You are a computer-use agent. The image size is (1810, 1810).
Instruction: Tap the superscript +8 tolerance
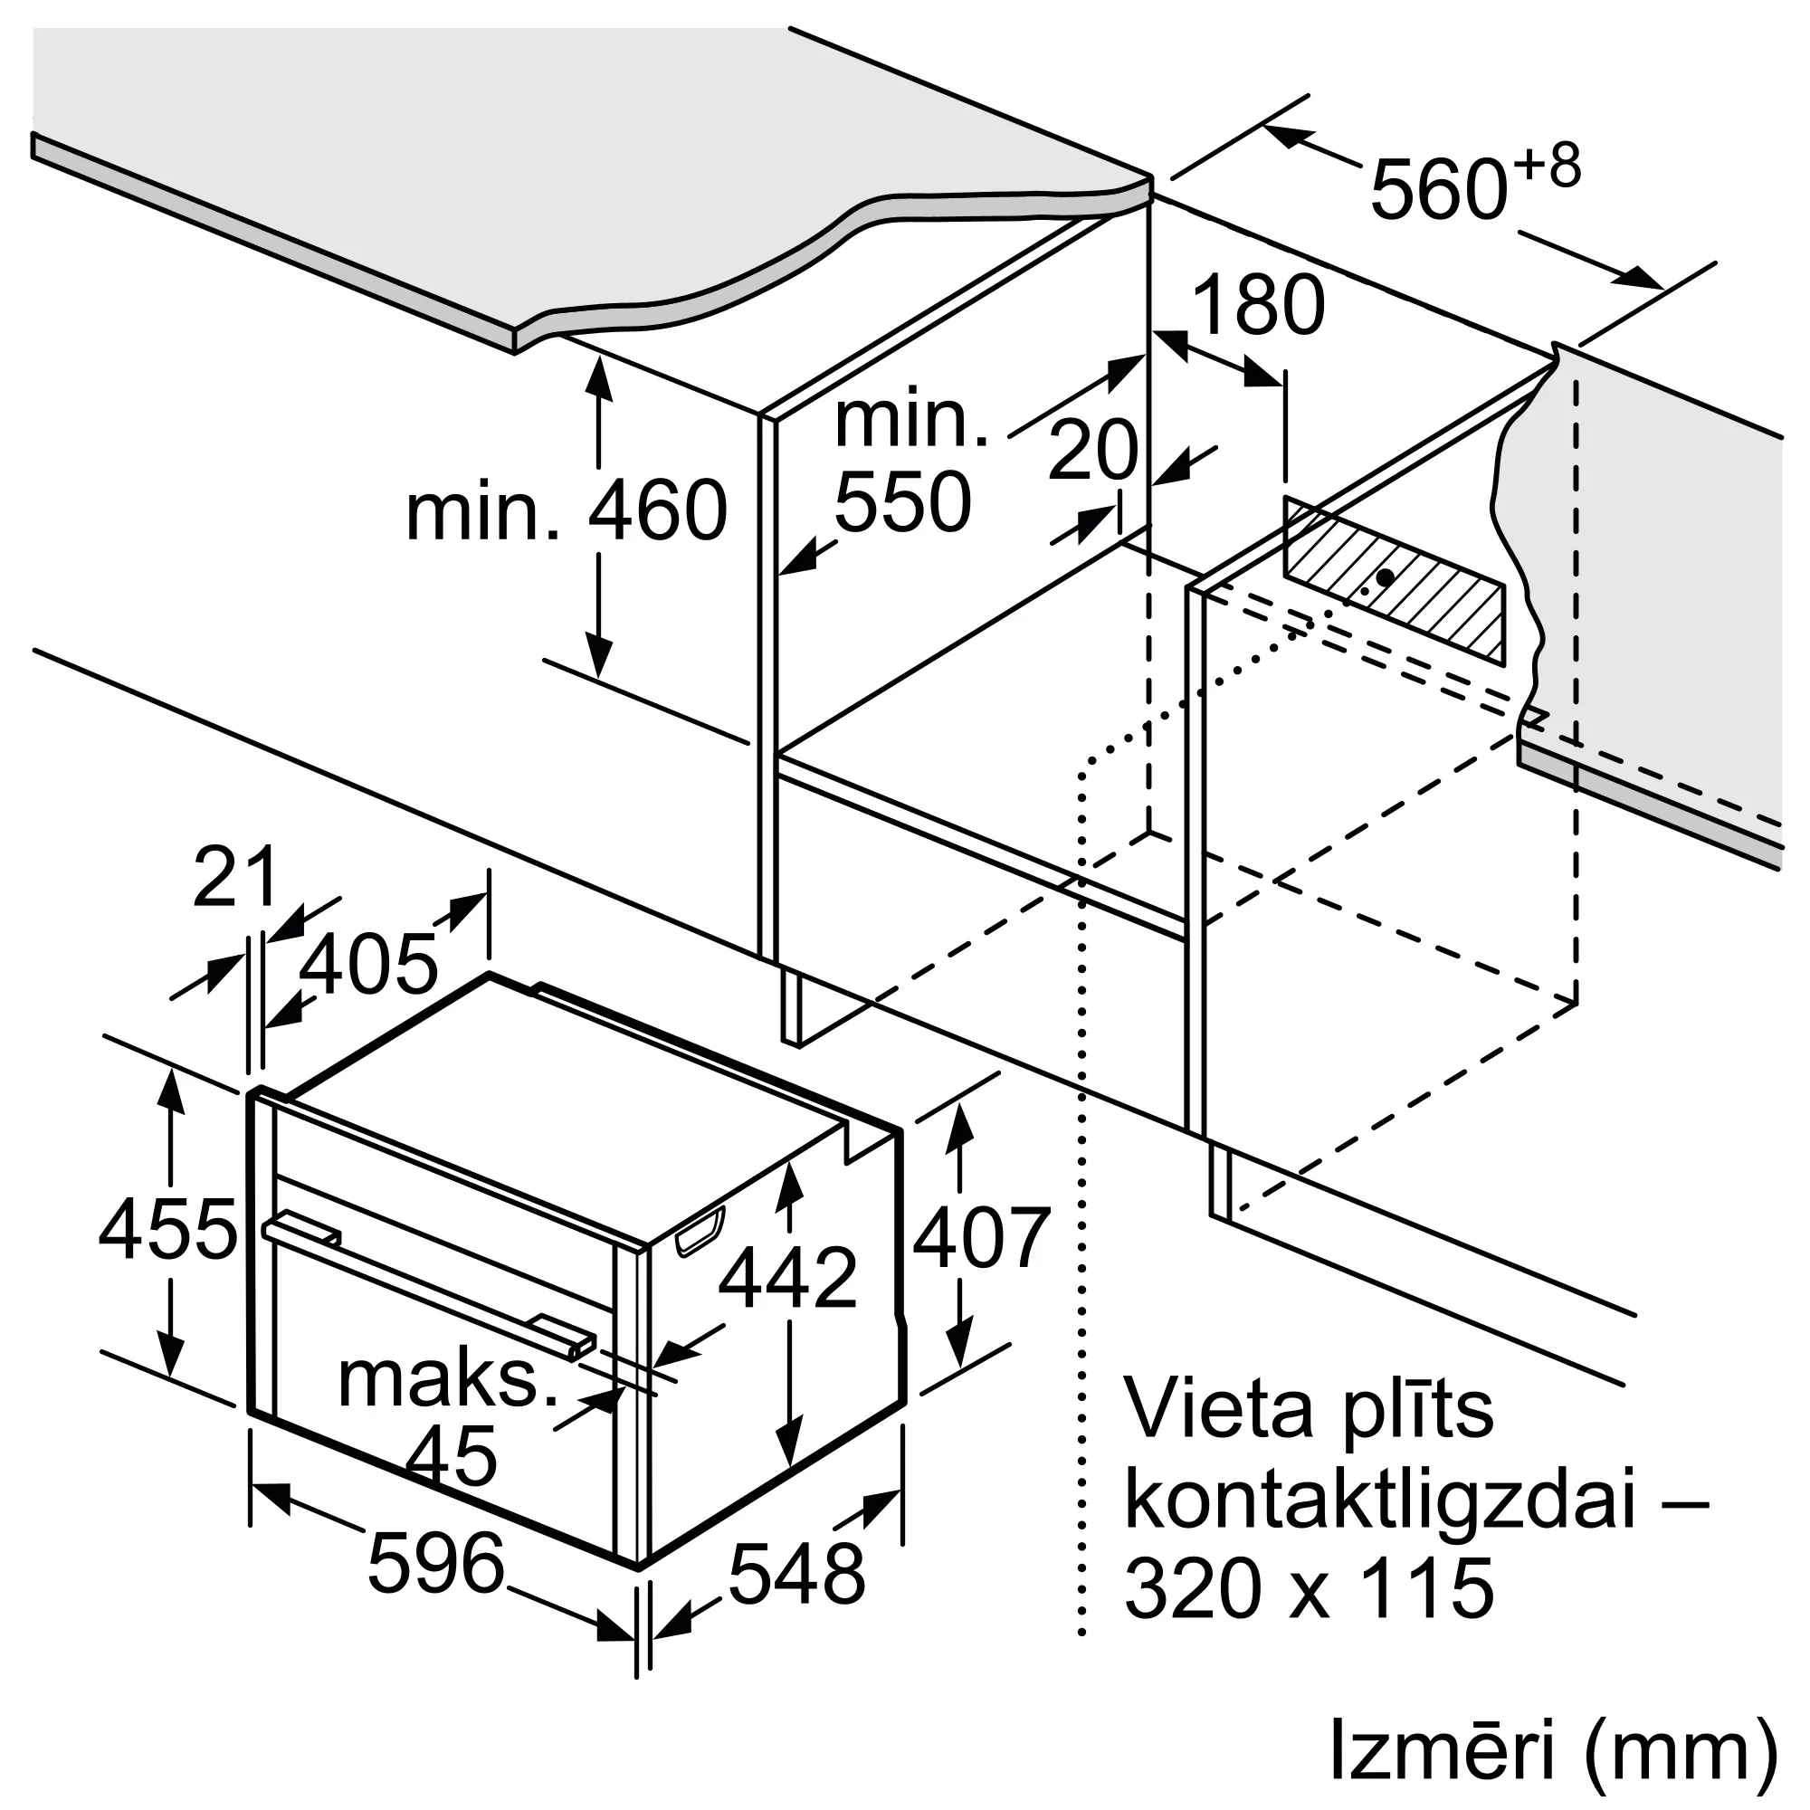pos(1546,166)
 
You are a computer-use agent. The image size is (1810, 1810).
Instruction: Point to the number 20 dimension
pos(1091,451)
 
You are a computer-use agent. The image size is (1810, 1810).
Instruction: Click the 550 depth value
pos(902,503)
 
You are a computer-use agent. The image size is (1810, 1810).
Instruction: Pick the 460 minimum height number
pos(658,510)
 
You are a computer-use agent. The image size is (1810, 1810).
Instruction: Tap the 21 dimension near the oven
pos(235,877)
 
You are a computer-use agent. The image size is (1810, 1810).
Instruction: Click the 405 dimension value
pos(368,964)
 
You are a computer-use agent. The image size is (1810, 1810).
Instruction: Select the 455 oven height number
pos(168,1230)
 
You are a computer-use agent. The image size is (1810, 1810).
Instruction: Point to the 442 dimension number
pos(788,1278)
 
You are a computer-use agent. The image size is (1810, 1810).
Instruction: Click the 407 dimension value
pos(981,1239)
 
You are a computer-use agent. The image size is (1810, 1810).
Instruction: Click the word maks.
pos(448,1380)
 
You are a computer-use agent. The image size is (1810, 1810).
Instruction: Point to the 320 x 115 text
pos(1309,1615)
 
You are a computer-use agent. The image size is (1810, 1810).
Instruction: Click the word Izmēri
pos(1442,1748)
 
